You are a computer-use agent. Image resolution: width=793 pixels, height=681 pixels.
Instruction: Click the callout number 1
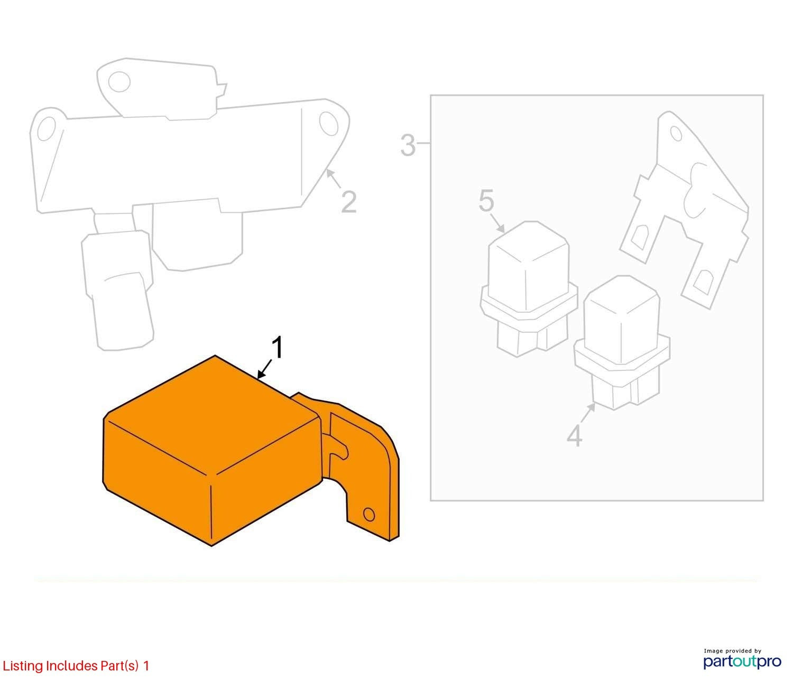coord(278,348)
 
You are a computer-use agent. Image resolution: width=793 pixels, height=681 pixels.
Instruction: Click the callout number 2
coord(348,202)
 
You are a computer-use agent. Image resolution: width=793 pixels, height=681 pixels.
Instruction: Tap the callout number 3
coord(408,145)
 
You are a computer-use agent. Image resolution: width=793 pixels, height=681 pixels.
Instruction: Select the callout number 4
coord(574,435)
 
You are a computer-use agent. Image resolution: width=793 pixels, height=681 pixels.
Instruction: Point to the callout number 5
coord(486,200)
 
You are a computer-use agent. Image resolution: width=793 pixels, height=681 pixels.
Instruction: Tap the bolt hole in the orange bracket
coord(368,515)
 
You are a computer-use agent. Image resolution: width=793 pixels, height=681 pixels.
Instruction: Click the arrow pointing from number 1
coord(265,369)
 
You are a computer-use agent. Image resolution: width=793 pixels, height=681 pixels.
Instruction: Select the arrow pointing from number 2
coord(333,179)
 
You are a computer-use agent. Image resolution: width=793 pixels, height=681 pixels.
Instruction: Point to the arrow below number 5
coord(497,222)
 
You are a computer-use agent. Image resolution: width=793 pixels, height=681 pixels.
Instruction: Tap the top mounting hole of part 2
coord(119,82)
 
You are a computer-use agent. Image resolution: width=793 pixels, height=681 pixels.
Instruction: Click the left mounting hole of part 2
coord(47,128)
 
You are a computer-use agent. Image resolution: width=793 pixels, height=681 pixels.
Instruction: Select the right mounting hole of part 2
coord(329,124)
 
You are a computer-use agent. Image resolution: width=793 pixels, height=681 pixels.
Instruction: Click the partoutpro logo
coord(742,661)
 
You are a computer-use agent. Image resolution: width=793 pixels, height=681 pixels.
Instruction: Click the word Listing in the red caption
coord(23,666)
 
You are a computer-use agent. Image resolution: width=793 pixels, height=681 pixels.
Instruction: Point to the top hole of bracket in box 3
coord(676,134)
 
